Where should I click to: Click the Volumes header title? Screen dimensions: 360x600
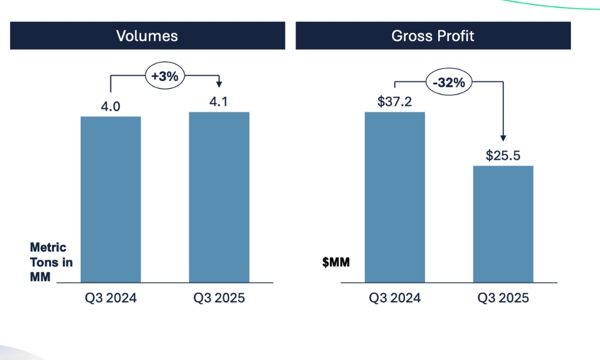click(x=147, y=36)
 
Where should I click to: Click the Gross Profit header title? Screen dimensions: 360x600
click(x=433, y=36)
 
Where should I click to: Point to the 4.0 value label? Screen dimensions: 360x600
click(x=110, y=107)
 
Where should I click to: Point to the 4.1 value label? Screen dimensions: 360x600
click(x=219, y=102)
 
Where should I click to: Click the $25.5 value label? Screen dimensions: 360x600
click(x=503, y=156)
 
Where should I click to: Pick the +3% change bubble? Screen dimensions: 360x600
click(x=164, y=76)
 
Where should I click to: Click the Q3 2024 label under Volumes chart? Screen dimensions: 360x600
click(x=110, y=298)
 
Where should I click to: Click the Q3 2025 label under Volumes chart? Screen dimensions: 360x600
click(x=219, y=298)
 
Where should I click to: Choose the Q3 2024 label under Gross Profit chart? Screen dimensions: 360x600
click(x=395, y=298)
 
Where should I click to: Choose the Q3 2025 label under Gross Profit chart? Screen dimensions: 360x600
click(x=503, y=298)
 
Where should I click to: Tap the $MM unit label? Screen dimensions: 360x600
click(x=336, y=262)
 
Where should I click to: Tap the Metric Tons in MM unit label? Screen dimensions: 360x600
click(x=49, y=262)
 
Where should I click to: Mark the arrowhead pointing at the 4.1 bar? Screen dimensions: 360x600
click(x=219, y=84)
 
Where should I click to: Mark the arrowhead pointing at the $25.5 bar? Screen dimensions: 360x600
click(x=503, y=138)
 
